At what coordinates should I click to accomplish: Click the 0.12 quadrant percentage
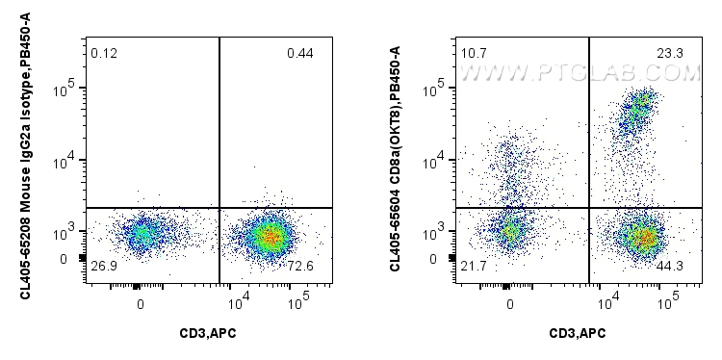coord(104,52)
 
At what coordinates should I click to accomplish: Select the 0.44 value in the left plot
coord(299,52)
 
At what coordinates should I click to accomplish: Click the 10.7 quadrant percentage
coord(474,52)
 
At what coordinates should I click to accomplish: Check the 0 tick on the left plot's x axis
coord(141,304)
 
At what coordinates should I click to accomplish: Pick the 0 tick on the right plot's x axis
coord(510,304)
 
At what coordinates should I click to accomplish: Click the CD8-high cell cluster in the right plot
coord(639,108)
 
